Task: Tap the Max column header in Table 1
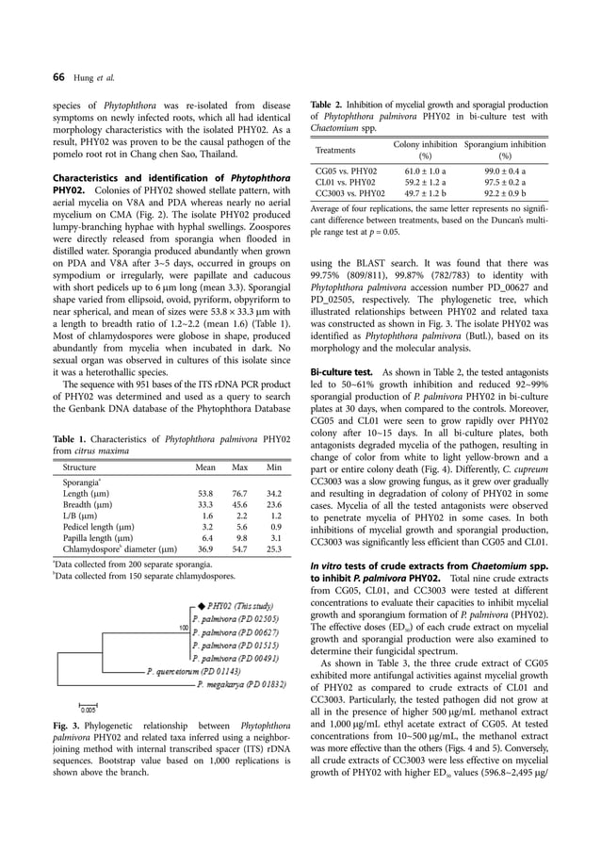click(239, 466)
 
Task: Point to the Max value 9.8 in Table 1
click(240, 532)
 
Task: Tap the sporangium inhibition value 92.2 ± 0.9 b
click(504, 194)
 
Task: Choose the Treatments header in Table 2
click(336, 149)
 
